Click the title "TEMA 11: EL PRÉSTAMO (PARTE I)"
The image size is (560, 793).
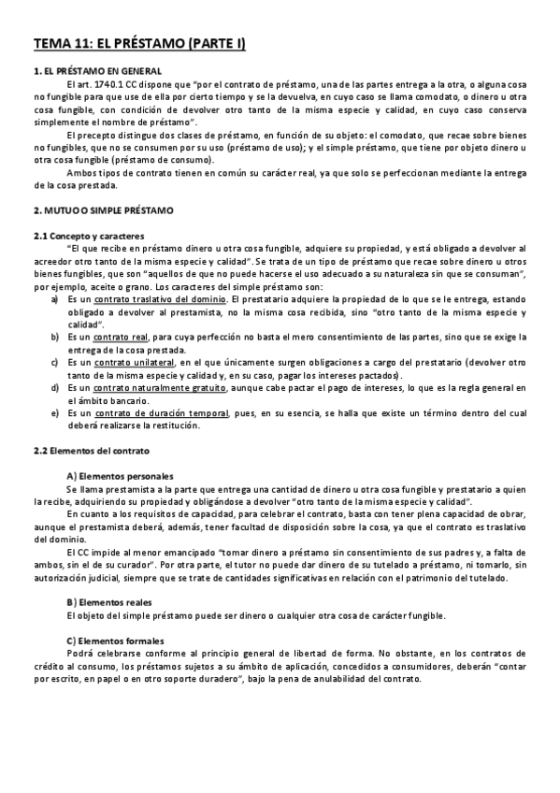point(139,43)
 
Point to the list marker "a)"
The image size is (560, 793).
point(52,298)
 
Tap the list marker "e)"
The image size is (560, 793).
point(52,413)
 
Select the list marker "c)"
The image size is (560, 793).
point(52,361)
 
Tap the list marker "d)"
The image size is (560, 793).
point(52,387)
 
